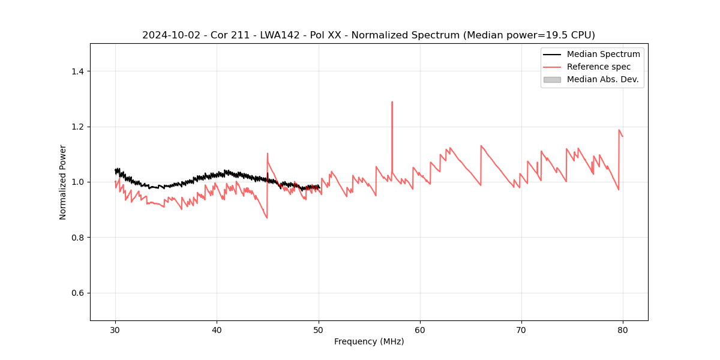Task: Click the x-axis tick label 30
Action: (x=115, y=329)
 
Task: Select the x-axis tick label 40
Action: (x=217, y=329)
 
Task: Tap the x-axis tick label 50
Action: (x=319, y=329)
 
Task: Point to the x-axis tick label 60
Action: (x=420, y=329)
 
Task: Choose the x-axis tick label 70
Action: (x=521, y=329)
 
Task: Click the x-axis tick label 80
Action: (x=623, y=329)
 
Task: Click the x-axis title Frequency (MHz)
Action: (x=369, y=341)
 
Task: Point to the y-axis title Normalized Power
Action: (x=63, y=182)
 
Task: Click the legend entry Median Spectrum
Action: (x=603, y=54)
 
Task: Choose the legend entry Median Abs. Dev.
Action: (x=602, y=79)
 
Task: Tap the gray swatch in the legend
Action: (x=552, y=79)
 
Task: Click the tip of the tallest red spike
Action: (x=392, y=102)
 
